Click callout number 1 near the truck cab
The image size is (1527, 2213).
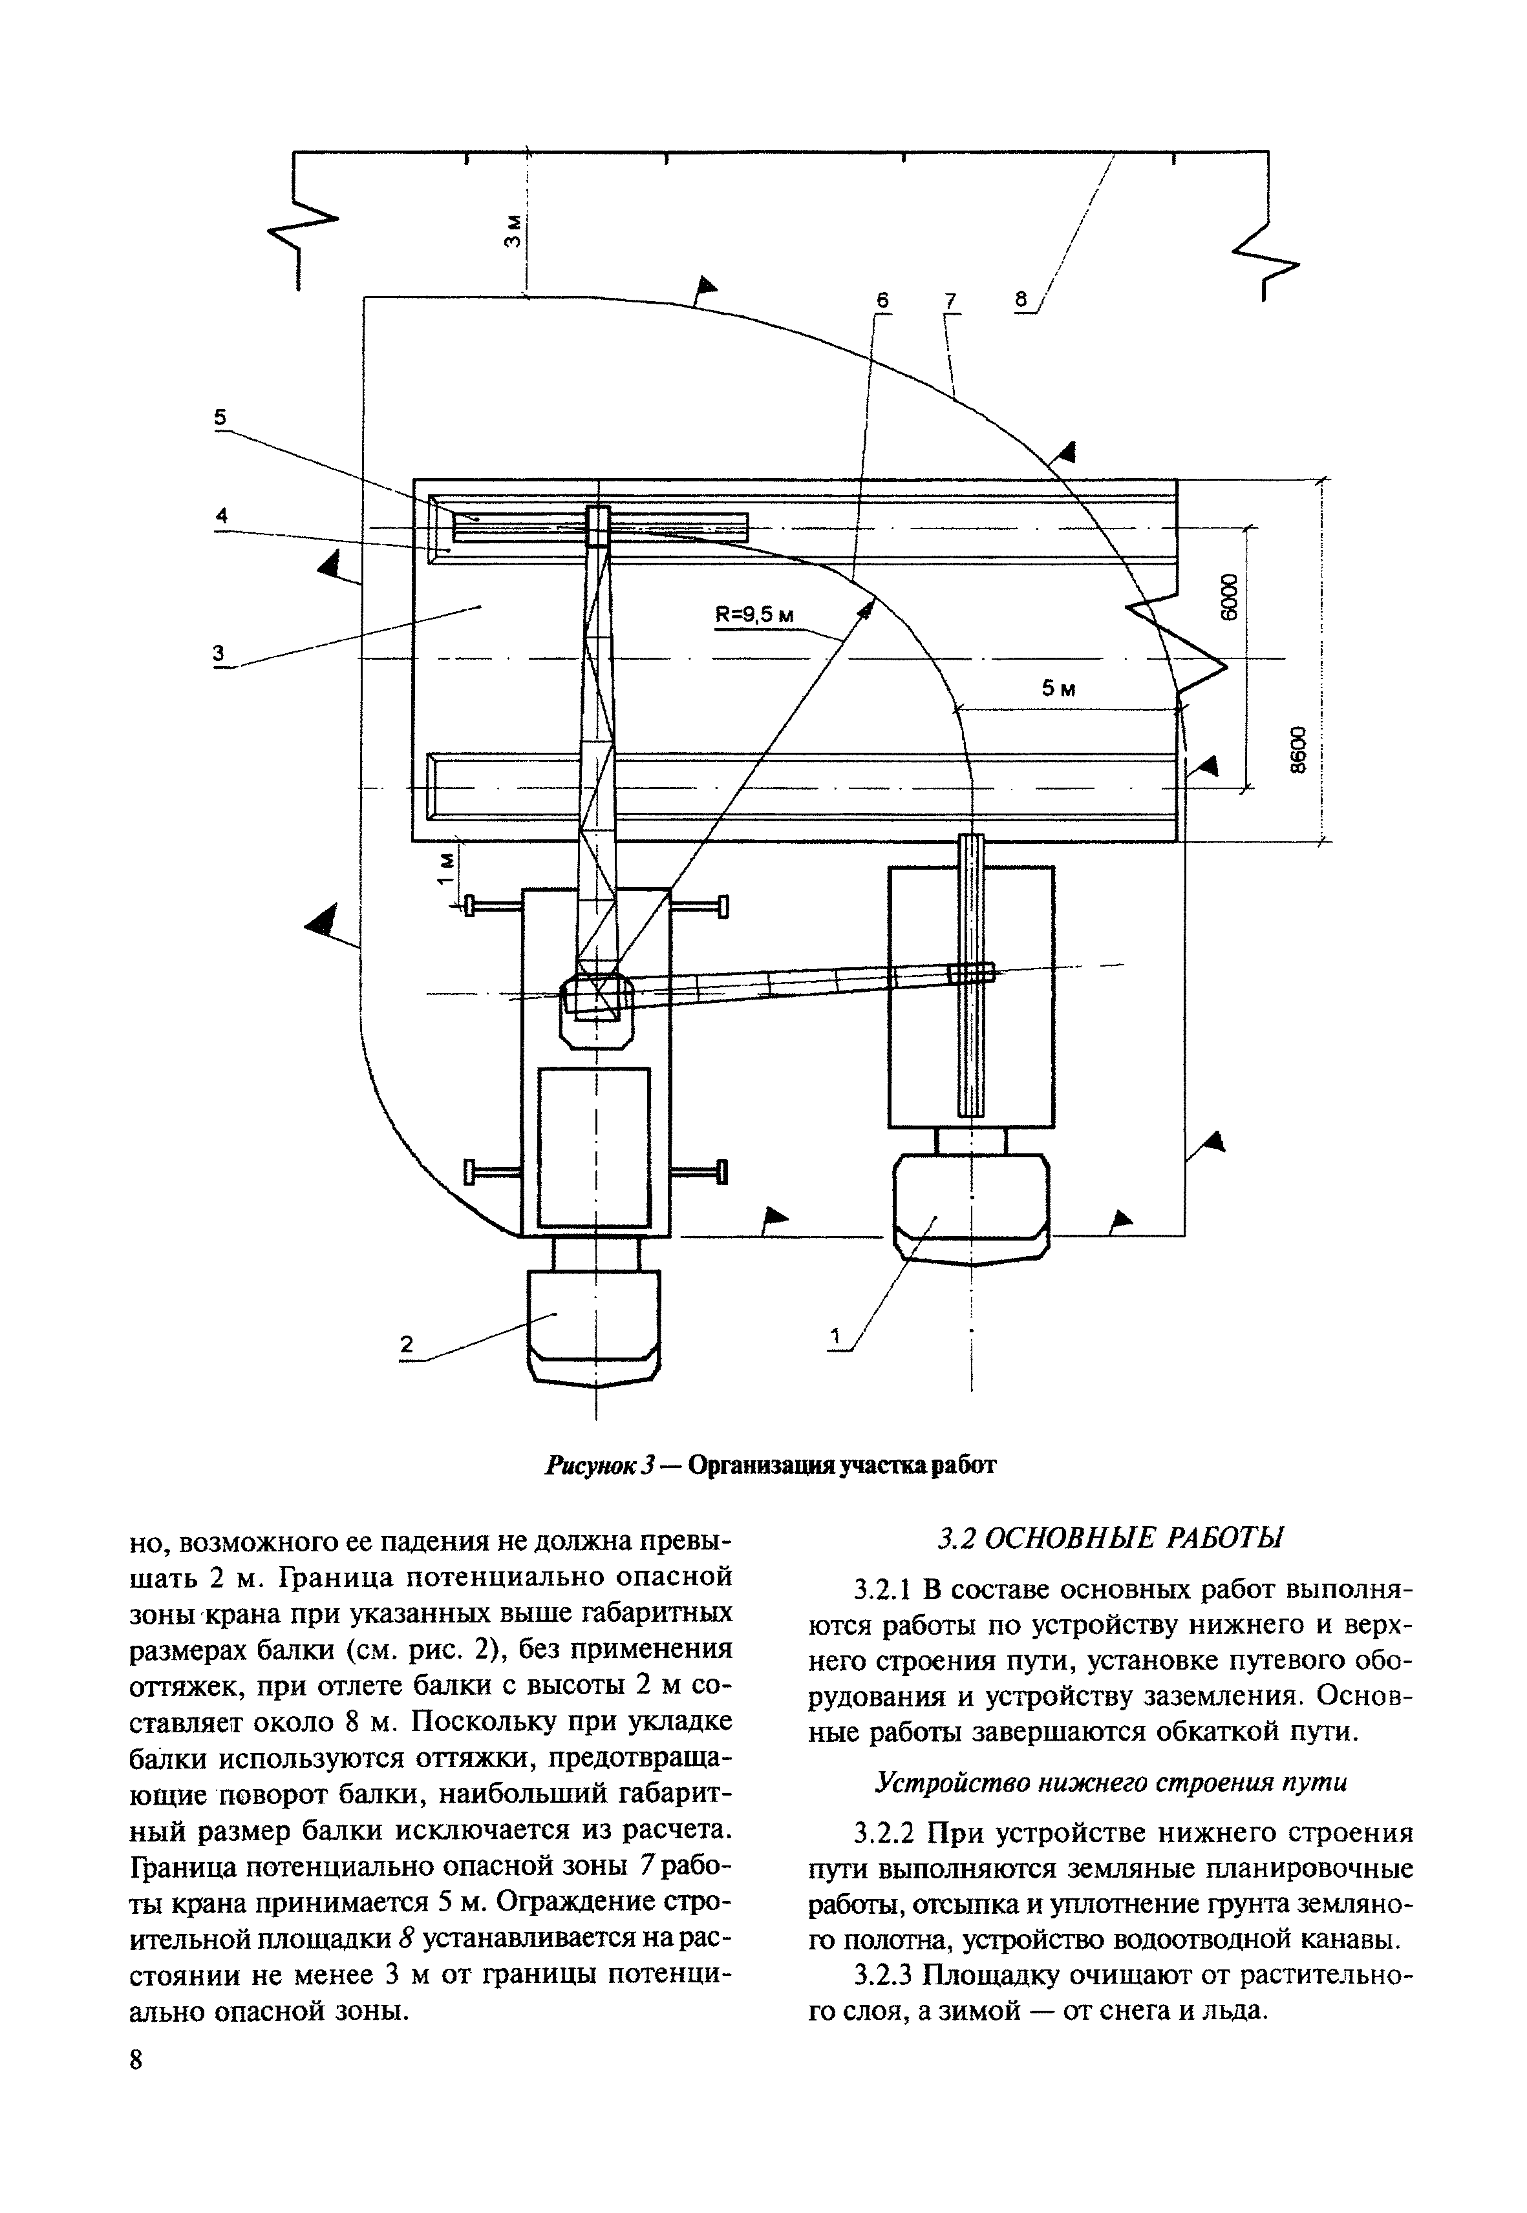pyautogui.click(x=835, y=1335)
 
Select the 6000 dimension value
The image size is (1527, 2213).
pyautogui.click(x=1230, y=596)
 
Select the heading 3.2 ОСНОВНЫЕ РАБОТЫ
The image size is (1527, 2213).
pyautogui.click(x=1110, y=1539)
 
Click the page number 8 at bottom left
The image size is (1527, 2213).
pyautogui.click(x=136, y=2079)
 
